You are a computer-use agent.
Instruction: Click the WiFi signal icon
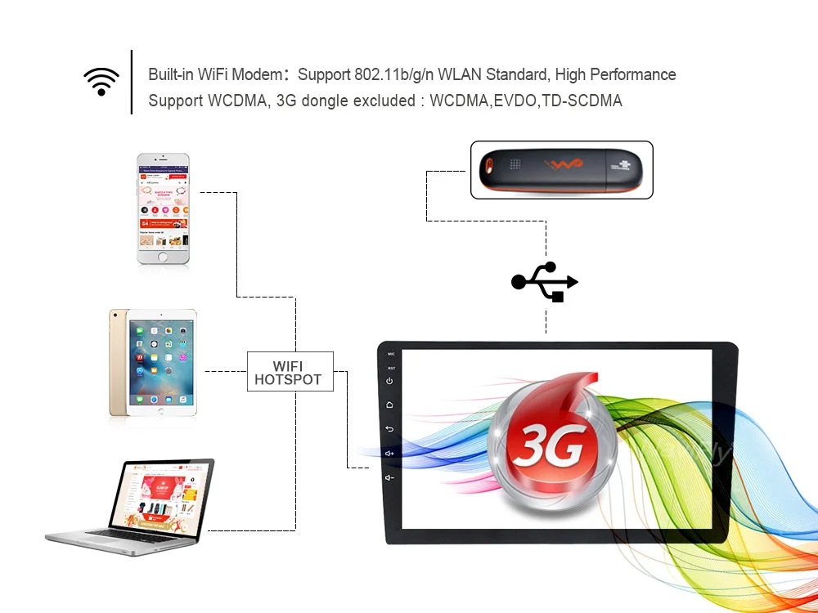pos(101,82)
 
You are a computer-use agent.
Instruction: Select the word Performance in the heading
pos(632,74)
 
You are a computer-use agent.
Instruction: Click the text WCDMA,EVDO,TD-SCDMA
pos(527,101)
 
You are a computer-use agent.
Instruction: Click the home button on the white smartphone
pos(163,257)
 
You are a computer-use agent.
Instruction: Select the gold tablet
pos(153,362)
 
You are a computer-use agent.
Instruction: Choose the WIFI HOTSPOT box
pos(290,372)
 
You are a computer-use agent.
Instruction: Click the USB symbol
pos(545,281)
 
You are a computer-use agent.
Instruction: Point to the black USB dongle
pos(561,170)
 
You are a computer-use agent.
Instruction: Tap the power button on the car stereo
pos(390,381)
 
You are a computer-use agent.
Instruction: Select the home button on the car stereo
pos(390,405)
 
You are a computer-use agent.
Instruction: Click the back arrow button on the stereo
pos(390,429)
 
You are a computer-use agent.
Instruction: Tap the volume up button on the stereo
pos(390,453)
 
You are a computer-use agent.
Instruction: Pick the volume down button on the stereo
pos(390,477)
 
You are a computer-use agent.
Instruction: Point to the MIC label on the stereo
pos(391,354)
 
